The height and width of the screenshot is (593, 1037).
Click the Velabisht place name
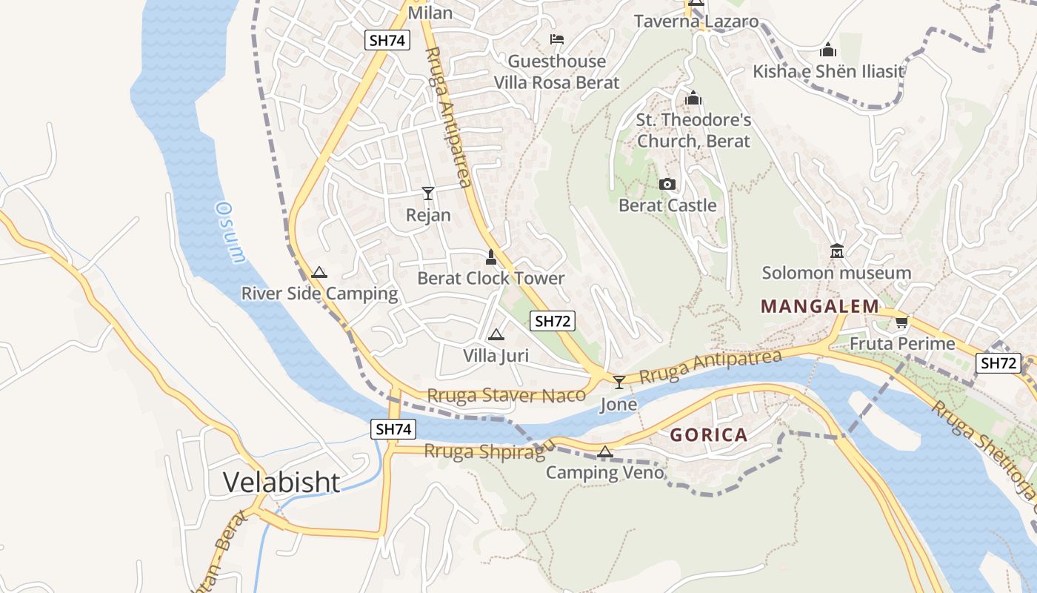coord(281,483)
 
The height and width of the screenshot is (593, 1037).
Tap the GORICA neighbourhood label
coord(709,435)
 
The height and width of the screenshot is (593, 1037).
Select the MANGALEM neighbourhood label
coord(820,306)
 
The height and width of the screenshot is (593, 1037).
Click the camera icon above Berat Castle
coord(667,184)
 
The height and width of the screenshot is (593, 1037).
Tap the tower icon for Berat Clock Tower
coord(490,257)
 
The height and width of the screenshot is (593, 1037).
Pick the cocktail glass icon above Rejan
coord(428,193)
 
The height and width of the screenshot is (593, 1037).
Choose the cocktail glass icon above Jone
coord(619,382)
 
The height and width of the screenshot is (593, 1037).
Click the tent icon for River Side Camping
coord(319,272)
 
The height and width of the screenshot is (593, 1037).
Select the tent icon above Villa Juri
coord(496,334)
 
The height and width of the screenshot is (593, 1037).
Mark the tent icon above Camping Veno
coord(605,451)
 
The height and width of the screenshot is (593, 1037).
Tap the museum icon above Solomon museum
coord(837,251)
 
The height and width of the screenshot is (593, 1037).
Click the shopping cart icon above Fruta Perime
coord(901,322)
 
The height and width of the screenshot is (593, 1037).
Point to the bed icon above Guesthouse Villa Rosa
coord(557,39)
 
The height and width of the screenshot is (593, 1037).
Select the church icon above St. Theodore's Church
coord(693,98)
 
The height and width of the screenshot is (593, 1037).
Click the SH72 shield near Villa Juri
coord(553,321)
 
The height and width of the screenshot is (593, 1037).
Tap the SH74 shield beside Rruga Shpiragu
coord(393,429)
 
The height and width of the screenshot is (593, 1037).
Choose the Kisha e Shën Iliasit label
coord(828,71)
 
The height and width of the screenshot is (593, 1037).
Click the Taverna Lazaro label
coord(696,21)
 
